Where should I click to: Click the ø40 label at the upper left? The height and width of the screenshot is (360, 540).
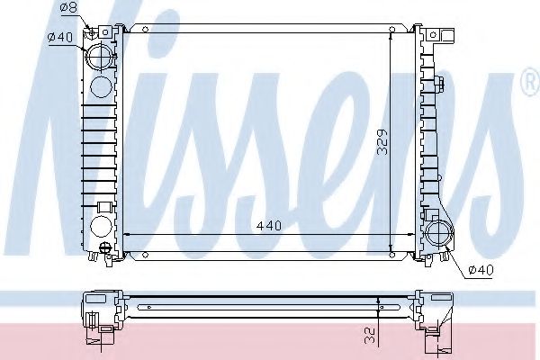click(x=60, y=37)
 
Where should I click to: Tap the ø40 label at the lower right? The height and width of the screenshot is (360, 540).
click(x=481, y=270)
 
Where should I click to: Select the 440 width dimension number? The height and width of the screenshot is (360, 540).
click(x=269, y=226)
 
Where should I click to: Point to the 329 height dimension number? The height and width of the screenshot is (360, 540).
click(x=382, y=142)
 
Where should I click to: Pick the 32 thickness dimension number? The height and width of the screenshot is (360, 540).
click(x=369, y=336)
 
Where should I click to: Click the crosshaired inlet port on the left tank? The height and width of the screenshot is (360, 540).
click(x=100, y=57)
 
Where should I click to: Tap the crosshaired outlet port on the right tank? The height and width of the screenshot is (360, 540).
click(x=438, y=234)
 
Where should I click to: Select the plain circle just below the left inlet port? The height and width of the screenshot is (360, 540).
click(x=101, y=86)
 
